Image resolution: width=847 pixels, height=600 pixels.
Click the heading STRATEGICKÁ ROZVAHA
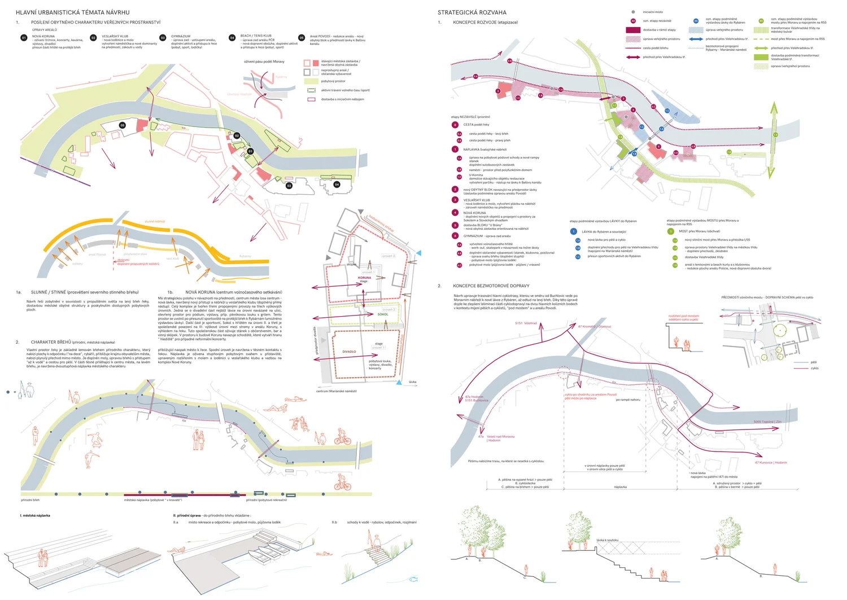[471, 12]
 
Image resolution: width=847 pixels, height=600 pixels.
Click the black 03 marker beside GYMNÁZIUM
[163, 38]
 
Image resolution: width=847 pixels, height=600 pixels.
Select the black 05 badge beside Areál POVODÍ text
[302, 38]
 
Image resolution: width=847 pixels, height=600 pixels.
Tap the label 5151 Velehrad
[526, 323]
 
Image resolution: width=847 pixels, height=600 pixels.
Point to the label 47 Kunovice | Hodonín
[771, 462]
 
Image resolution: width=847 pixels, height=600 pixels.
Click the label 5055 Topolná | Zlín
[767, 422]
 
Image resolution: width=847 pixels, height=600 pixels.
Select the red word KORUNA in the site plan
[365, 278]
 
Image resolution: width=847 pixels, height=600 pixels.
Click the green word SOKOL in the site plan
[383, 314]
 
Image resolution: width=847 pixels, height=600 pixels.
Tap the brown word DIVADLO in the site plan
[349, 352]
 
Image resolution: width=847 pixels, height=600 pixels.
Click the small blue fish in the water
[413, 579]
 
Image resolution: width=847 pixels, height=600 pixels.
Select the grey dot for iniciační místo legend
[633, 12]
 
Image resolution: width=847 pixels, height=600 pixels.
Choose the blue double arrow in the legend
[696, 39]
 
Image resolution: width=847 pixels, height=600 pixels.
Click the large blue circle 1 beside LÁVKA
[573, 231]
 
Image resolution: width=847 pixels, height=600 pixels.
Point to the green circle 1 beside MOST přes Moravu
[671, 231]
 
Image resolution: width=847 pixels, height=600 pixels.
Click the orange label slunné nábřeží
[155, 221]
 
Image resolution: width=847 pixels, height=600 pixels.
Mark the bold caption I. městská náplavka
[35, 515]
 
